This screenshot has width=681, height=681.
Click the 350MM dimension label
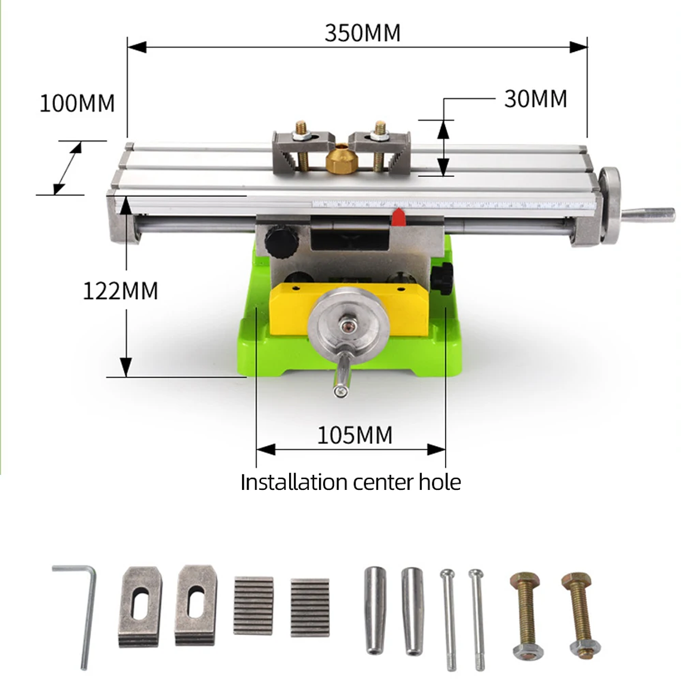pyautogui.click(x=362, y=33)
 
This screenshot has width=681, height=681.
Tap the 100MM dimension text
pyautogui.click(x=77, y=103)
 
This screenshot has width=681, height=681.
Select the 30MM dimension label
pyautogui.click(x=535, y=99)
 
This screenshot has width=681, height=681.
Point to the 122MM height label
pyautogui.click(x=120, y=291)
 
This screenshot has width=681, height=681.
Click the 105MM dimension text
pyautogui.click(x=354, y=435)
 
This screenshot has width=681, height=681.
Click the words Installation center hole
pyautogui.click(x=351, y=482)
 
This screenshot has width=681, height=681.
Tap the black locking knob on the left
pyautogui.click(x=281, y=241)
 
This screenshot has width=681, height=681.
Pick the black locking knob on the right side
pyautogui.click(x=443, y=277)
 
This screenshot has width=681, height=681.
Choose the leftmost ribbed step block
pyautogui.click(x=253, y=605)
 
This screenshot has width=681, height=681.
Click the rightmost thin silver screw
pyautogui.click(x=477, y=618)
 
